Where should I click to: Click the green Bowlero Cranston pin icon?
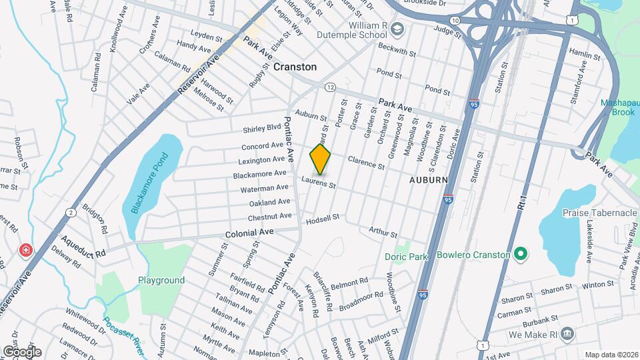(x=521, y=255)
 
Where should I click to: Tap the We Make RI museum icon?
(x=566, y=333)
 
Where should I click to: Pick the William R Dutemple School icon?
(x=397, y=29)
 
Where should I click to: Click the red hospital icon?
(x=25, y=250)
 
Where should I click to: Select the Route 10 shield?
(x=454, y=21)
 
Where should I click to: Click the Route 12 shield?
(x=330, y=87)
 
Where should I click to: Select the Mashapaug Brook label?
(x=619, y=108)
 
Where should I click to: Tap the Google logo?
(x=22, y=351)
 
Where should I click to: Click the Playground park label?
(x=161, y=281)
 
